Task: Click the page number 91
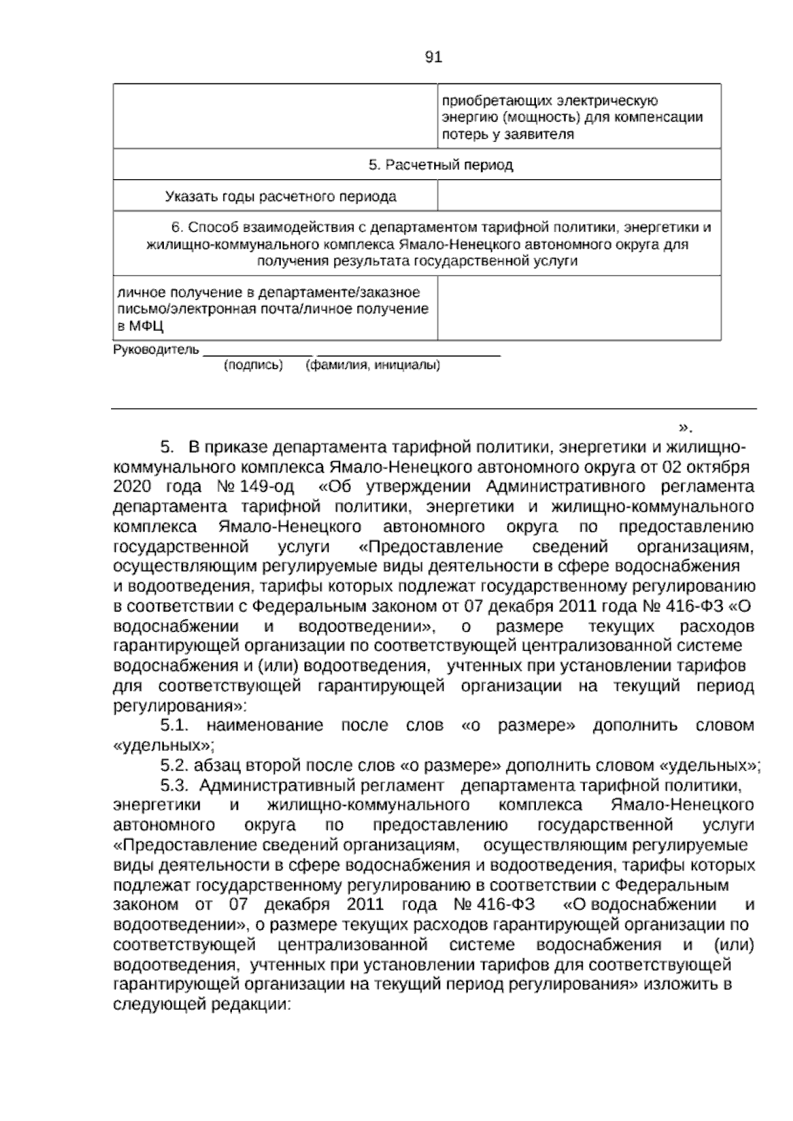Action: coord(433,58)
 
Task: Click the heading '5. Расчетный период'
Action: coord(441,165)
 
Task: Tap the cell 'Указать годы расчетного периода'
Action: coord(281,196)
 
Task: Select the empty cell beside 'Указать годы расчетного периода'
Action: coord(579,196)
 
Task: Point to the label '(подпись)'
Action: coord(254,365)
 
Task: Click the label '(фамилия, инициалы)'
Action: coord(373,365)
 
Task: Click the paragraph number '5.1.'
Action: coord(175,726)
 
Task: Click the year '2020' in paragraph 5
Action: coord(133,488)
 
